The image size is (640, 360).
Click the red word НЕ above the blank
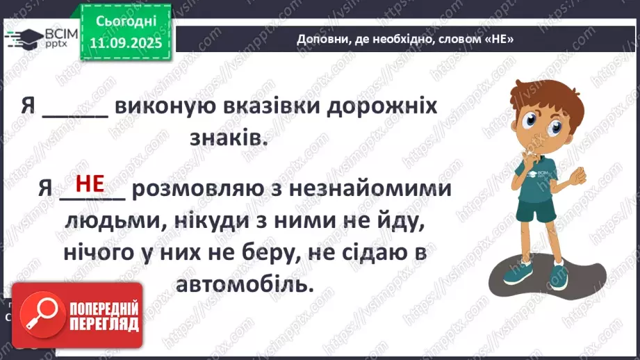(x=90, y=183)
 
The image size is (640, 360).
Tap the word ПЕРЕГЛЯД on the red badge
(x=102, y=325)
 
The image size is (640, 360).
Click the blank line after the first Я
(x=75, y=111)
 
